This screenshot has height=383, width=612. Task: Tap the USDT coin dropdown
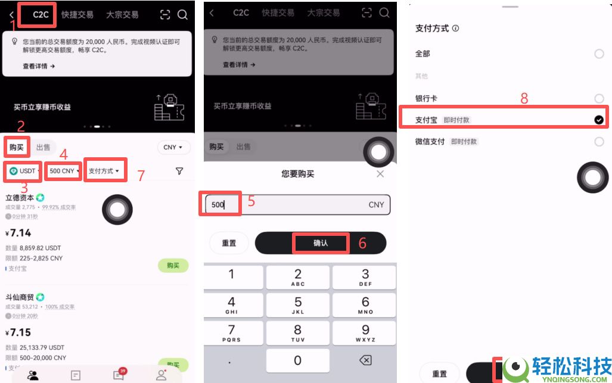24,171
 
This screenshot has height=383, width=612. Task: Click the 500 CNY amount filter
63,171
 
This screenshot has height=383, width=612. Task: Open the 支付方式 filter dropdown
104,171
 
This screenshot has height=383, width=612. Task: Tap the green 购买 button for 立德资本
173,266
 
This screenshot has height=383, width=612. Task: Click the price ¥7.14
18,232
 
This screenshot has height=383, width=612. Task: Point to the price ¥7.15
18,332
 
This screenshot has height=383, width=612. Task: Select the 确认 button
321,243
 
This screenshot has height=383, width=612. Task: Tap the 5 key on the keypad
298,306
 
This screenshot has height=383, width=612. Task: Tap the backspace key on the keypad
365,360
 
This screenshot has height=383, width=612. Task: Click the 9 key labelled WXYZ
365,333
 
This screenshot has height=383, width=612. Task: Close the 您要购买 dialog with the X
380,174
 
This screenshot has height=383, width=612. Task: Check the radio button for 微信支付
599,142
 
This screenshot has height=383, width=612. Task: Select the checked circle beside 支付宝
599,120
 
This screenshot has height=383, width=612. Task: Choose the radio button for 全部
599,54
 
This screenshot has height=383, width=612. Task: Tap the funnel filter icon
179,171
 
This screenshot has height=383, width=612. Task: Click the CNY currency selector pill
173,147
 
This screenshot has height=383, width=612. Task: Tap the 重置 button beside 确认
229,243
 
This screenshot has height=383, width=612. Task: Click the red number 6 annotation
362,243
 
